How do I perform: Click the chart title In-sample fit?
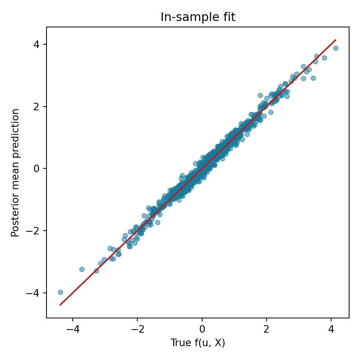[x=198, y=17]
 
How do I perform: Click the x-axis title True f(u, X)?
[x=198, y=343]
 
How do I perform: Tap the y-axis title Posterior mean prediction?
[x=15, y=172]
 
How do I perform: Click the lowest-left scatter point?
[x=60, y=292]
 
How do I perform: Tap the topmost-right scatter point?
[x=336, y=48]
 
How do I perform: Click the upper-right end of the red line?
[x=336, y=40]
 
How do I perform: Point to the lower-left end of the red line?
[x=60, y=305]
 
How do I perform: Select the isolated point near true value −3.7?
[x=82, y=269]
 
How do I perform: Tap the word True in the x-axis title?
[x=178, y=343]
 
